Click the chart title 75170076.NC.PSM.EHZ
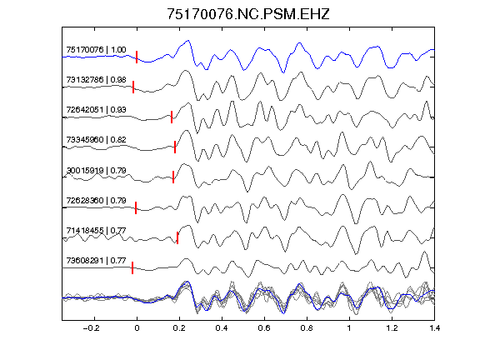point(248,14)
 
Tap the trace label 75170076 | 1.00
point(96,50)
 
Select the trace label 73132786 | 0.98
point(96,80)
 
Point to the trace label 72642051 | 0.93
point(96,110)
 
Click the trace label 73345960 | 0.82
point(96,140)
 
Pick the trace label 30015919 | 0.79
point(96,170)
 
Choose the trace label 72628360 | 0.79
point(96,200)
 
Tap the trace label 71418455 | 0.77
point(96,230)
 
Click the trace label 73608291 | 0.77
point(96,261)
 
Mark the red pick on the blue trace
point(137,57)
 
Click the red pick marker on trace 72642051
point(172,117)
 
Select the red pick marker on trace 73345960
point(175,147)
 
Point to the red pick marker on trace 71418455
point(177,237)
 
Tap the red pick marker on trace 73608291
point(132,267)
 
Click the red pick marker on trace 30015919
point(173,177)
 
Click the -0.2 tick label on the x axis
point(91,328)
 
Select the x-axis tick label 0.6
point(264,328)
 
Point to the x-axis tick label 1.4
point(434,328)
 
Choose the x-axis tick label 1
point(349,328)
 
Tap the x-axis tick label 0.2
point(179,328)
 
